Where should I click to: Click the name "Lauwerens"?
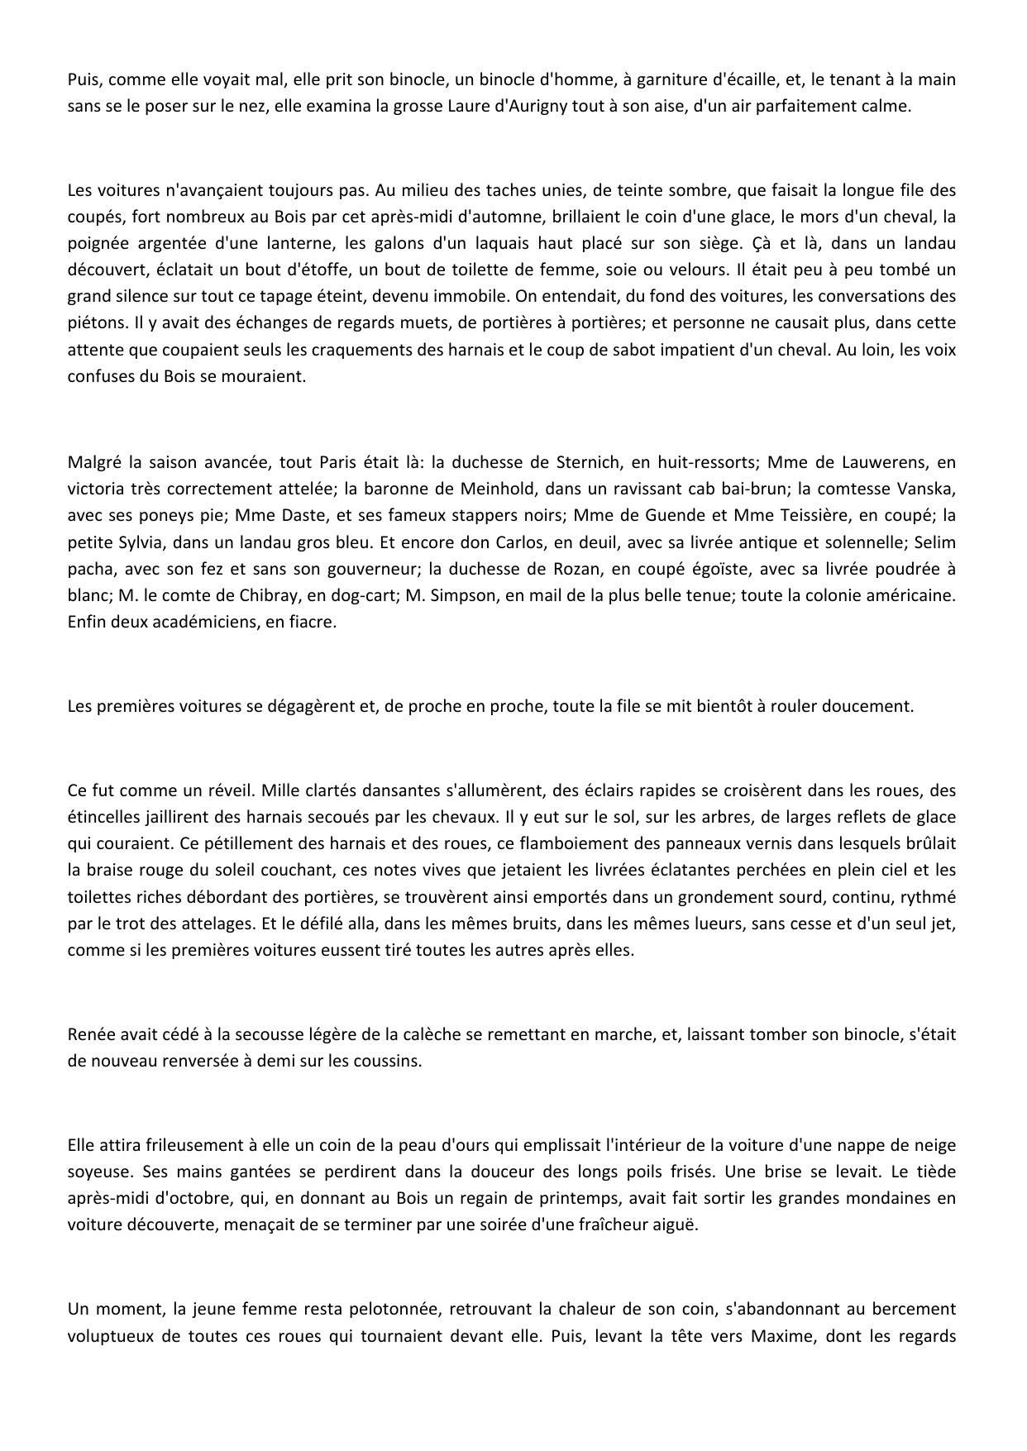pyautogui.click(x=878, y=461)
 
